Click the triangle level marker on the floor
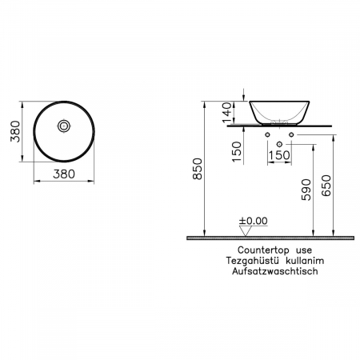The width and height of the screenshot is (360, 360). click(245, 230)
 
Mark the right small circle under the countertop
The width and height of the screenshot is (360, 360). click(291, 135)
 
